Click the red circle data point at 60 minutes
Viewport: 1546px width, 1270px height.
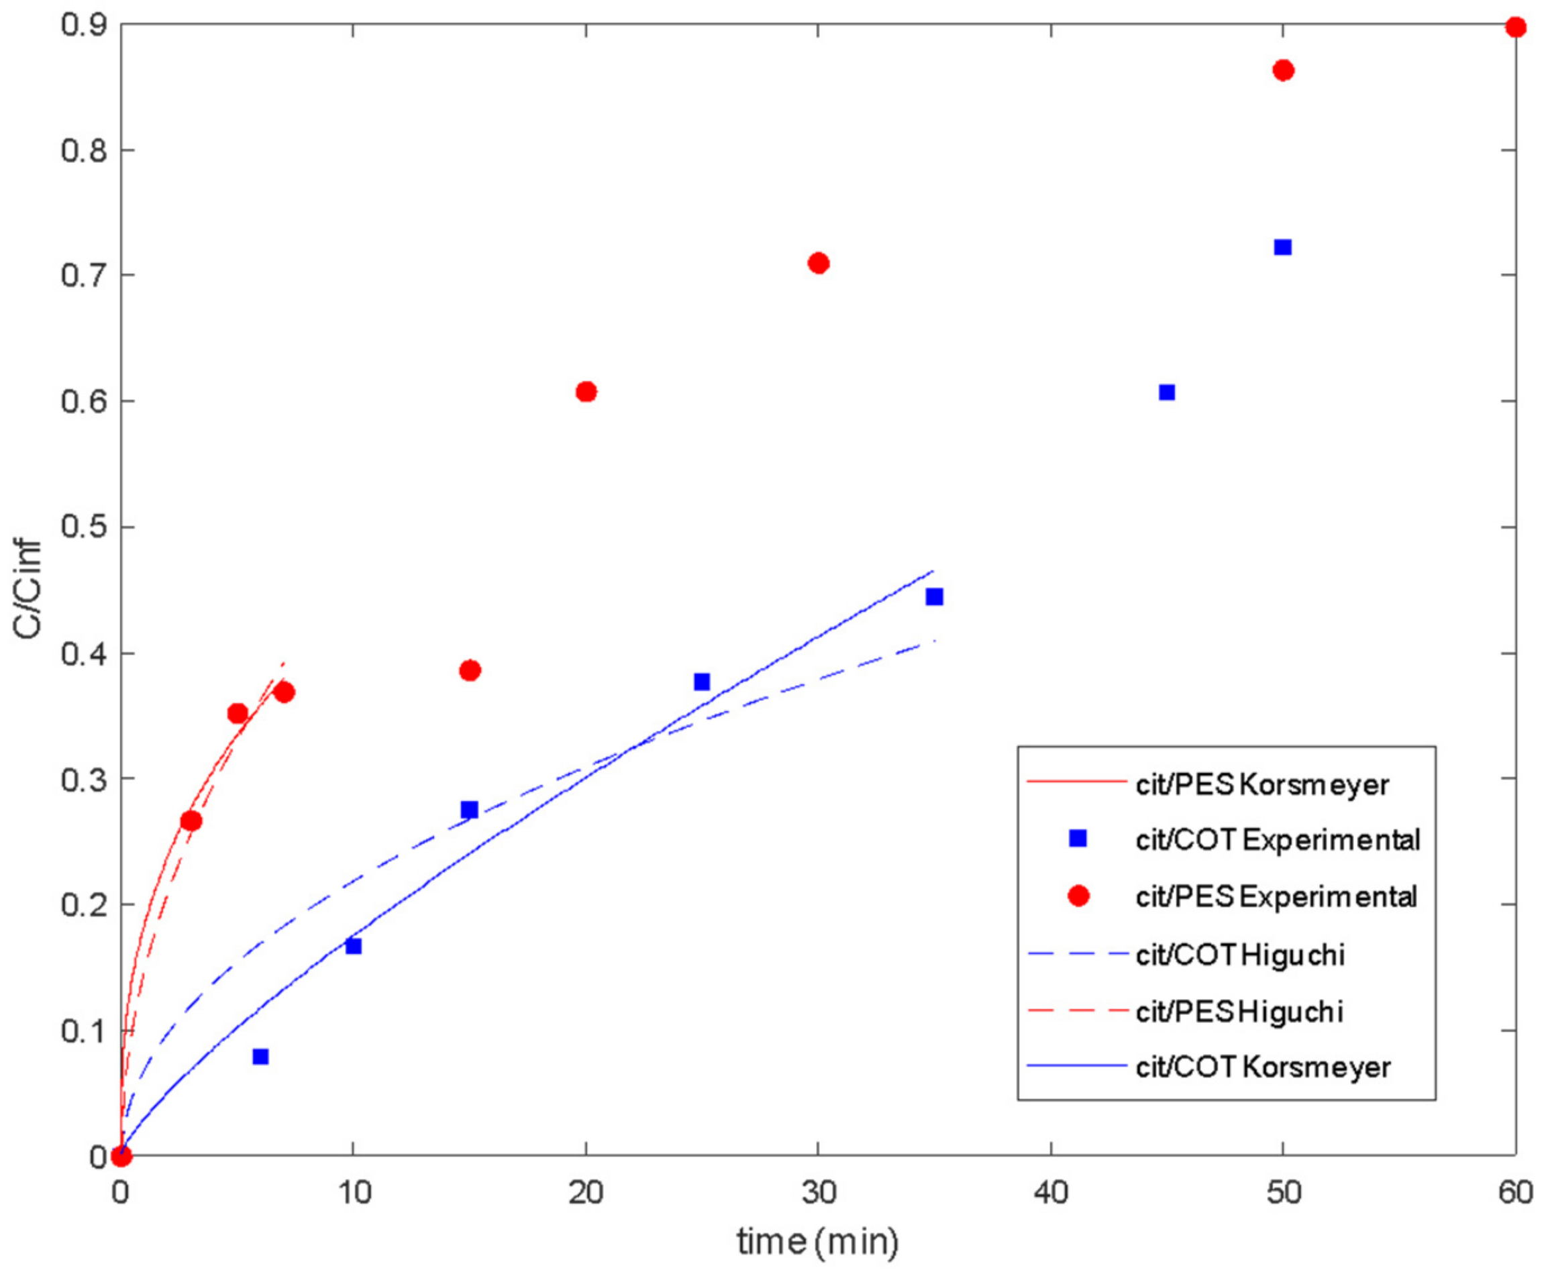click(1516, 28)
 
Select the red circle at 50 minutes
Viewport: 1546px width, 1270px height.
click(1284, 70)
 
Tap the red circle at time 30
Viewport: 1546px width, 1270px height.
click(819, 264)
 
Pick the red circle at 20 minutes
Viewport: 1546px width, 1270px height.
click(586, 391)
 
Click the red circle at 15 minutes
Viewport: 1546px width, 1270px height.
click(470, 670)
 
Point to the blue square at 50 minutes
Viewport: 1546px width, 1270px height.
click(1282, 248)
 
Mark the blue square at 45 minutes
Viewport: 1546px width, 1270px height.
click(1167, 392)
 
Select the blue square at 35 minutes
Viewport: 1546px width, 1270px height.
click(934, 597)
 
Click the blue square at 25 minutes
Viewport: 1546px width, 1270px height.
click(702, 682)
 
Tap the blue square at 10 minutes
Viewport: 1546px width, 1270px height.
click(354, 946)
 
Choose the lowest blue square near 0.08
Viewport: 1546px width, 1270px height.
click(260, 1057)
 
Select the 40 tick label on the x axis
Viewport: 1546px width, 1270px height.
click(1051, 1192)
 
